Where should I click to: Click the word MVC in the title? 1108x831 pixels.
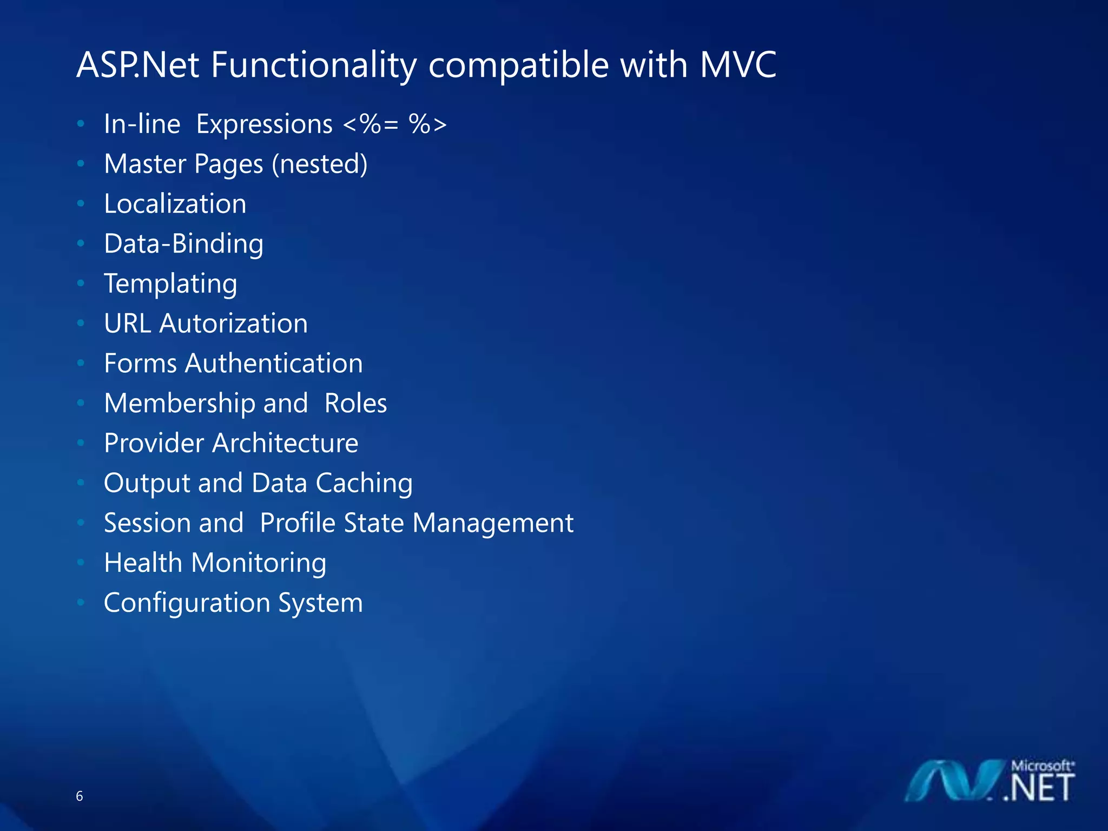click(738, 65)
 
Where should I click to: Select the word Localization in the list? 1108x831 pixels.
click(175, 204)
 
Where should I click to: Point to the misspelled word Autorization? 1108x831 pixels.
click(233, 324)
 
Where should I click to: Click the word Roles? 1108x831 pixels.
click(355, 404)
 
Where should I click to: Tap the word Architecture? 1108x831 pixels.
click(285, 443)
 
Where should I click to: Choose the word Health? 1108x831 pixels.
click(143, 563)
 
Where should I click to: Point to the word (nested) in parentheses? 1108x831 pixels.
click(319, 164)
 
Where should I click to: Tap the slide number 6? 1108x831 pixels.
click(80, 796)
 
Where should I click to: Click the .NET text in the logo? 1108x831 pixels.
click(1038, 788)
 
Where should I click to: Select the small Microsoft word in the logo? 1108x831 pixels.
click(1041, 766)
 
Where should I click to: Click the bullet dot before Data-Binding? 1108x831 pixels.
click(81, 243)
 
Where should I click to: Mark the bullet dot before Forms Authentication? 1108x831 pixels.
click(81, 363)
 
